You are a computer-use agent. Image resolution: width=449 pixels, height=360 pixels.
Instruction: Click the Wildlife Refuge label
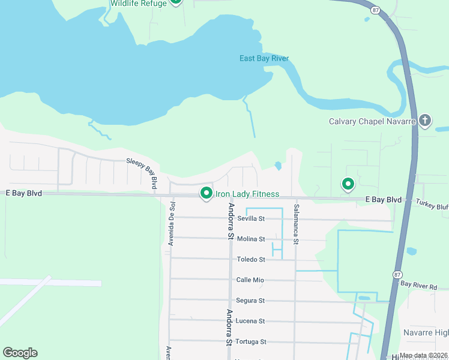(x=138, y=4)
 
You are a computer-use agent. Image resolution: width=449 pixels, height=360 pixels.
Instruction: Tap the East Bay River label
(x=264, y=58)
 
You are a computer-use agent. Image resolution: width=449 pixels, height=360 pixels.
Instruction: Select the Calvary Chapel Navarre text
(x=373, y=121)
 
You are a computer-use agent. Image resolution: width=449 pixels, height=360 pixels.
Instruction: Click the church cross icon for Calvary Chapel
(x=425, y=121)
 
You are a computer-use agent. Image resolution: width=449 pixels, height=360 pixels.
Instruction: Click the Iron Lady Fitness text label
(x=247, y=194)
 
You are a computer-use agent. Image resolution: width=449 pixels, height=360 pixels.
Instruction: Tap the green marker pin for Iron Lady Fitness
(x=206, y=193)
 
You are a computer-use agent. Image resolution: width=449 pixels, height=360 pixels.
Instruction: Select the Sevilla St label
(x=251, y=218)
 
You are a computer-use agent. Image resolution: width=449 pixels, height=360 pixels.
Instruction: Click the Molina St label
(x=251, y=239)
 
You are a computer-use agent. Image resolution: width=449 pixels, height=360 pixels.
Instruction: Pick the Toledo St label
(x=251, y=259)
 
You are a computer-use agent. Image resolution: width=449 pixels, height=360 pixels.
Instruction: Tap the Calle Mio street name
(x=250, y=280)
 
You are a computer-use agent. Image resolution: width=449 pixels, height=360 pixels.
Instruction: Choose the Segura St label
(x=251, y=301)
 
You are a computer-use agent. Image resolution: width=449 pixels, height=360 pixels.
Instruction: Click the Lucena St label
(x=251, y=321)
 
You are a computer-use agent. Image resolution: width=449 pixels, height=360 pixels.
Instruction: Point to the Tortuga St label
(x=251, y=341)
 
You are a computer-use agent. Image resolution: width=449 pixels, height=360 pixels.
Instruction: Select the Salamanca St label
(x=296, y=224)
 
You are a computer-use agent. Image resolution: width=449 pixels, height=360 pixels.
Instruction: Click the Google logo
(x=20, y=353)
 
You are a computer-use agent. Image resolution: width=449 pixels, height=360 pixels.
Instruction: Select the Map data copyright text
(x=423, y=356)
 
